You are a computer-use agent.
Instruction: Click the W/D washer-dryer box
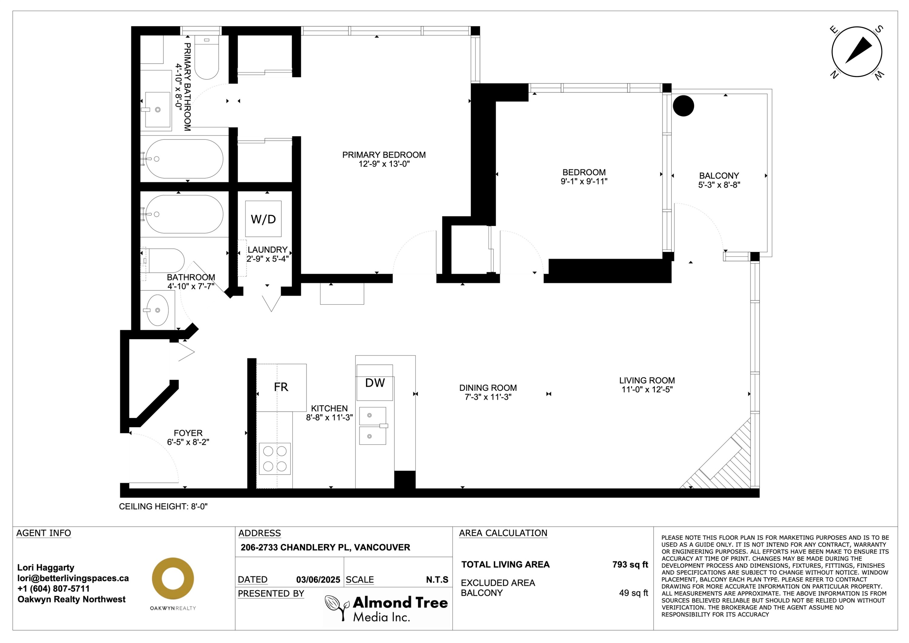click(x=263, y=219)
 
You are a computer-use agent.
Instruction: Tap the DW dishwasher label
click(x=375, y=383)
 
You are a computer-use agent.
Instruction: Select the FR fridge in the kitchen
click(x=281, y=387)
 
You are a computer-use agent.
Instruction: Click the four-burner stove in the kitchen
click(x=275, y=459)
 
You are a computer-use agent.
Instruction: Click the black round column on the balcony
click(x=683, y=106)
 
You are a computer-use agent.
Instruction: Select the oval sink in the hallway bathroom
click(x=158, y=310)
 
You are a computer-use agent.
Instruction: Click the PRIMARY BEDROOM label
click(x=384, y=155)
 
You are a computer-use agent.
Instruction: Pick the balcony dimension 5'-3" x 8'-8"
click(x=719, y=185)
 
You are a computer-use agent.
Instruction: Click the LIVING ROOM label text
click(x=647, y=380)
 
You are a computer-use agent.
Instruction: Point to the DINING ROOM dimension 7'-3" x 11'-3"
click(x=488, y=397)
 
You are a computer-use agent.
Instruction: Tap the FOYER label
click(x=188, y=433)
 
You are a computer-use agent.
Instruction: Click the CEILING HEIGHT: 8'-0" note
click(x=163, y=506)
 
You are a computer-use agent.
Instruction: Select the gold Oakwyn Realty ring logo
click(x=173, y=578)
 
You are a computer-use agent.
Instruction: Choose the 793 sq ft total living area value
click(x=630, y=564)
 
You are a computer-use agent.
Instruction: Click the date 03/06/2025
click(x=318, y=580)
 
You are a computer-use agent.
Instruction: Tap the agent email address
click(x=73, y=578)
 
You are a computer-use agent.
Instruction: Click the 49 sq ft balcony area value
click(x=634, y=593)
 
